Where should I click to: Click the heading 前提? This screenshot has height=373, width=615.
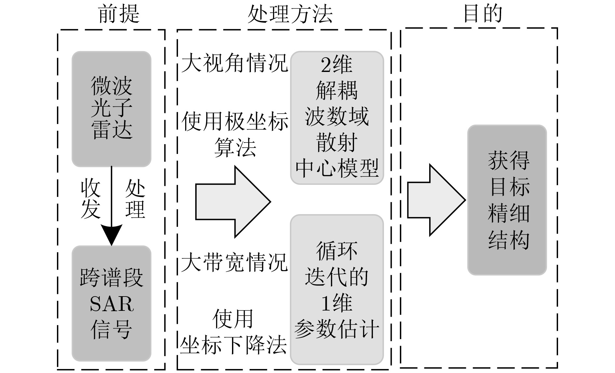pyautogui.click(x=119, y=14)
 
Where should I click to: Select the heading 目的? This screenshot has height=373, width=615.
pyautogui.click(x=483, y=14)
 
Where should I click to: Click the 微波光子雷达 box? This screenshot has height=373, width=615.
pyautogui.click(x=111, y=109)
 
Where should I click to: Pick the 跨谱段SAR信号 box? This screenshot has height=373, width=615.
pyautogui.click(x=111, y=303)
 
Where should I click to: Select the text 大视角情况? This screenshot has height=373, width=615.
pyautogui.click(x=234, y=63)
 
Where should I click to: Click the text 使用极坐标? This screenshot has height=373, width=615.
pyautogui.click(x=234, y=122)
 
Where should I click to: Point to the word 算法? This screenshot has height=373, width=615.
pyautogui.click(x=235, y=147)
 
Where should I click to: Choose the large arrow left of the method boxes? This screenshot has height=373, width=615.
pyautogui.click(x=232, y=202)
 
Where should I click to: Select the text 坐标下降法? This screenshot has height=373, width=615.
pyautogui.click(x=233, y=345)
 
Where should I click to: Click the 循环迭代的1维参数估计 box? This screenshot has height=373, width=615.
pyautogui.click(x=337, y=290)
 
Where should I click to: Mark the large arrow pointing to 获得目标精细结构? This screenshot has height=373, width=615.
pyautogui.click(x=436, y=200)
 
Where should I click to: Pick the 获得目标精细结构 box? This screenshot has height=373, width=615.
pyautogui.click(x=507, y=200)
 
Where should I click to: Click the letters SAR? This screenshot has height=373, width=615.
pyautogui.click(x=111, y=304)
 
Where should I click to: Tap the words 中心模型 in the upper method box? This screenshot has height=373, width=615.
pyautogui.click(x=337, y=169)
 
